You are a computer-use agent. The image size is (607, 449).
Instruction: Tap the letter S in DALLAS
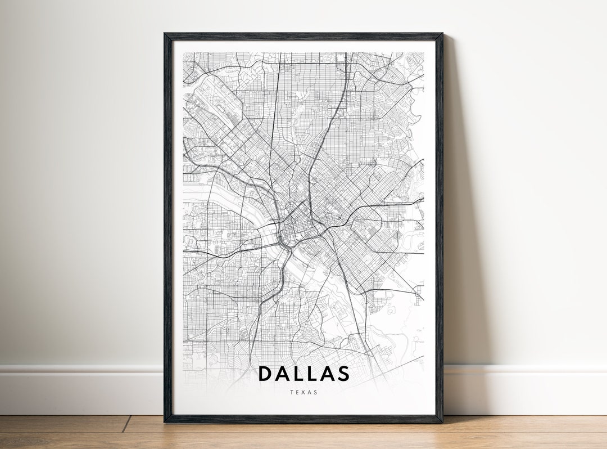343,374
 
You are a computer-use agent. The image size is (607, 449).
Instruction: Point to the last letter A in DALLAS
327,374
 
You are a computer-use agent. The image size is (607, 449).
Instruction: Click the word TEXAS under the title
303,392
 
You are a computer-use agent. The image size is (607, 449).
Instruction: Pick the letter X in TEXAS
303,392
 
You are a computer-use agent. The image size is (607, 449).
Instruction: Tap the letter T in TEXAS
292,392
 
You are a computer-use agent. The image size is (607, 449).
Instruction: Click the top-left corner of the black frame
165,34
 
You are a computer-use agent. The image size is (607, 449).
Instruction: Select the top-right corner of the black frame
442,34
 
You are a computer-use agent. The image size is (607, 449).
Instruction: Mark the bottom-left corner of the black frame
165,421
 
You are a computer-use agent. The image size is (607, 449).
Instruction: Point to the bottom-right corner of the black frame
442,421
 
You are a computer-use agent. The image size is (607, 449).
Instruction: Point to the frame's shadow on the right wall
458,225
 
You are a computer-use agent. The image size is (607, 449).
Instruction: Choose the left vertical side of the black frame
167,225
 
